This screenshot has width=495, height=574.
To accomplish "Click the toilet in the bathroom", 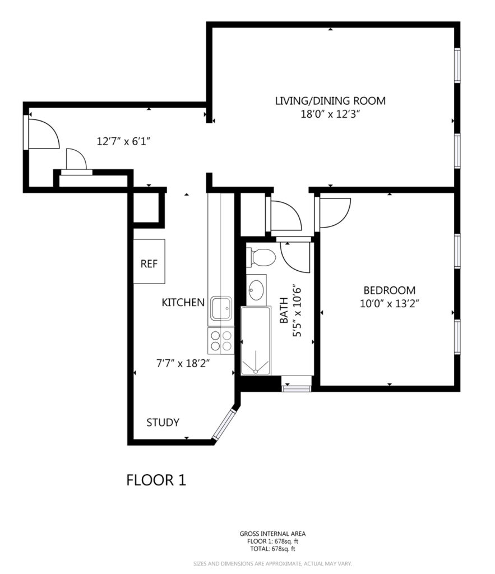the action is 261,257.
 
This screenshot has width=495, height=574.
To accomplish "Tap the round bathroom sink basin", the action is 256,290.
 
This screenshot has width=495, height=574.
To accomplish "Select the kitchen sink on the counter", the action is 221,309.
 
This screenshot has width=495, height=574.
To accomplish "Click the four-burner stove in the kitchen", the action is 221,341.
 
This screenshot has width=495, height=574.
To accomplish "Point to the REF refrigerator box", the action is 149,261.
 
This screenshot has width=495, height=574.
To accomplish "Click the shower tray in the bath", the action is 256,341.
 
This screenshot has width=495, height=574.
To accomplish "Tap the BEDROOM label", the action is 390,290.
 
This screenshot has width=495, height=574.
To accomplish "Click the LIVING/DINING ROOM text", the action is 330,101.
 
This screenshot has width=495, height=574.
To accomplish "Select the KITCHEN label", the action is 183,302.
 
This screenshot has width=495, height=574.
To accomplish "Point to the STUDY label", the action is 163,423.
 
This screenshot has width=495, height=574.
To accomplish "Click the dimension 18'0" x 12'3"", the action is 330,114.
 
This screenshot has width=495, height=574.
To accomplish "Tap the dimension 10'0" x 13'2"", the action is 390,304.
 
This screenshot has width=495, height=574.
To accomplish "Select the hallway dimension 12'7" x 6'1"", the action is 124,141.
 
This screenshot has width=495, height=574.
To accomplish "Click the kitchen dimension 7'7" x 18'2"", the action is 183,363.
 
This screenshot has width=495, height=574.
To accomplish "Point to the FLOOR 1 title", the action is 156,480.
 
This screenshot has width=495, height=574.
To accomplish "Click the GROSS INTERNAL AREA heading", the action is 272,534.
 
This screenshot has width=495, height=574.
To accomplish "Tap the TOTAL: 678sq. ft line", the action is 272,549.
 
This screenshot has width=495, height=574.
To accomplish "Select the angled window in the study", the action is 224,425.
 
